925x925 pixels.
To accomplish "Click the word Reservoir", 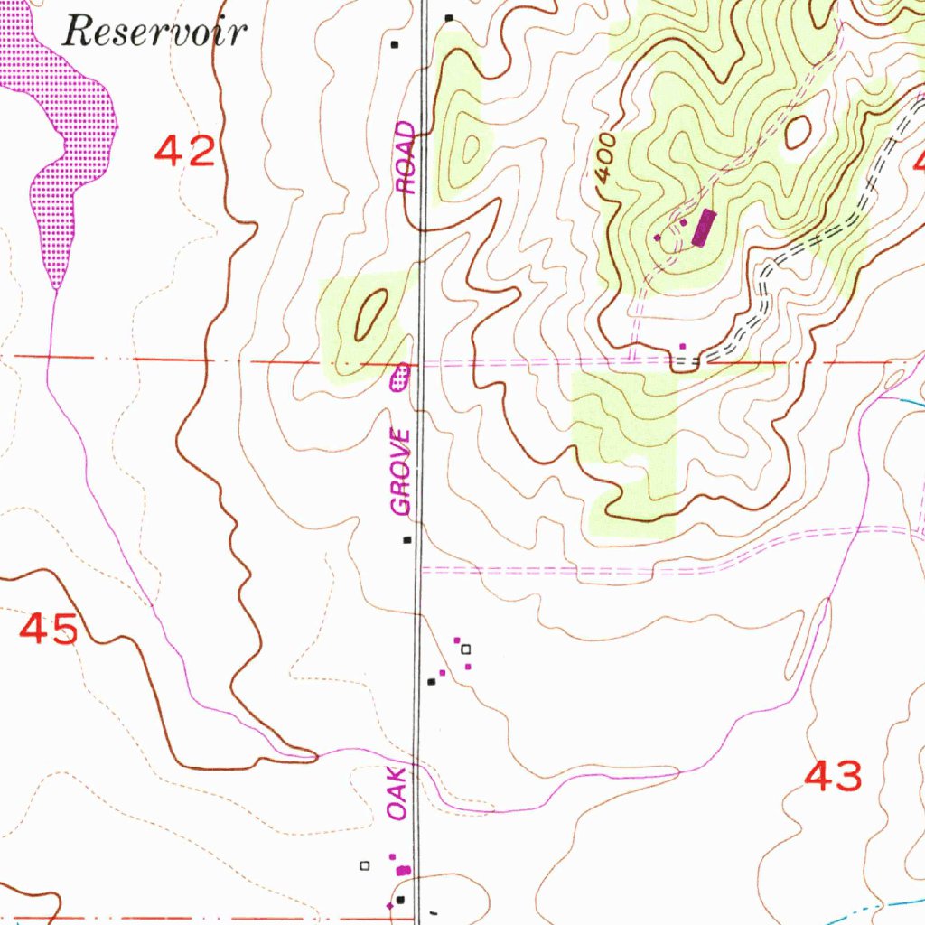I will coord(154,33).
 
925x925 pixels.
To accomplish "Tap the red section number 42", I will coord(185,151).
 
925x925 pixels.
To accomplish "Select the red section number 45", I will coord(49,629).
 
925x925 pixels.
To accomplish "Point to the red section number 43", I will coord(832,776).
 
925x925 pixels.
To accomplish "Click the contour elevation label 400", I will coord(606,161).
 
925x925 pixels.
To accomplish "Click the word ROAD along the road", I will coord(407,158).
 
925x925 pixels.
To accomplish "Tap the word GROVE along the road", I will coord(401,472).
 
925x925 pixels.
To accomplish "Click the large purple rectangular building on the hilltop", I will coord(703,228).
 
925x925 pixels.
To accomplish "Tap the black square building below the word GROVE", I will coord(407,540).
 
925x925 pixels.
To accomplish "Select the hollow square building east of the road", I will coord(466,649).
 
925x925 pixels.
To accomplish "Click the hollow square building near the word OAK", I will coord(365,865).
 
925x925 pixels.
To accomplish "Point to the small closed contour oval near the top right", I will coord(799,133).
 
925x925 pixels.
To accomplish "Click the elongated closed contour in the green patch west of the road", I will coord(371,313).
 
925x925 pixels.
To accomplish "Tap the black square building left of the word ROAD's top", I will coord(394,43).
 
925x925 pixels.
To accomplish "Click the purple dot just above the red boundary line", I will coord(682,345).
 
